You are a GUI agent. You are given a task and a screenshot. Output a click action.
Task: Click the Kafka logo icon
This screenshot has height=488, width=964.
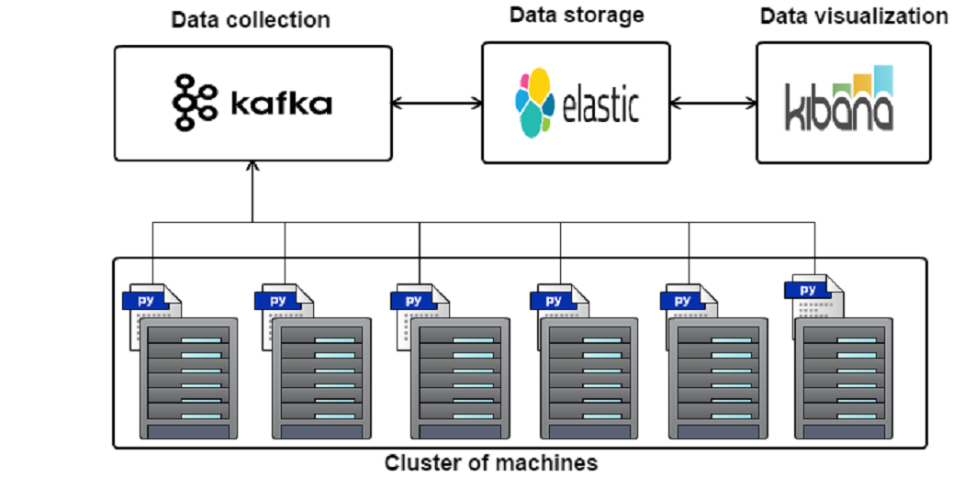pyautogui.click(x=195, y=102)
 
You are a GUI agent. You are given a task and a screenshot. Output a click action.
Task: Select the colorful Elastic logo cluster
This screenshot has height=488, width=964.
pyautogui.click(x=534, y=102)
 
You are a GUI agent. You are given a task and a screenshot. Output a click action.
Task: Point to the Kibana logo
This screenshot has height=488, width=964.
pyautogui.click(x=839, y=97)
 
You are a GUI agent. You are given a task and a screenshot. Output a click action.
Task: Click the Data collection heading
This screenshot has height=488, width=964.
pyautogui.click(x=250, y=19)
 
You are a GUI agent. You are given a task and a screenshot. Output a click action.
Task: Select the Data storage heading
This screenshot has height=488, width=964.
pyautogui.click(x=576, y=15)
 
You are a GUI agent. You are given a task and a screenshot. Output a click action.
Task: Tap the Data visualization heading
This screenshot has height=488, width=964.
pyautogui.click(x=853, y=16)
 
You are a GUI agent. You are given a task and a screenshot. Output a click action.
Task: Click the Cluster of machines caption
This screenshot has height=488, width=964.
pyautogui.click(x=490, y=462)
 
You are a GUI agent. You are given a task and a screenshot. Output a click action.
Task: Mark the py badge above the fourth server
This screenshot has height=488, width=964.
pyautogui.click(x=554, y=301)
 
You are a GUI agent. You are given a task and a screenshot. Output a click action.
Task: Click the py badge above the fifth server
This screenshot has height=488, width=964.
pyautogui.click(x=682, y=301)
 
